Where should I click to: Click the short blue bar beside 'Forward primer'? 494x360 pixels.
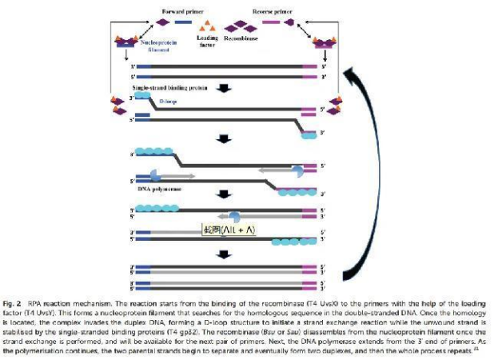point(183,23)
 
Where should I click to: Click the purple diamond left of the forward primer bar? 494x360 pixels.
point(164,23)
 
